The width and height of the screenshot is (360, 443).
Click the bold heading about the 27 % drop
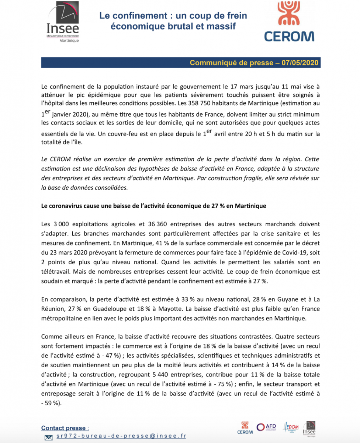point(153,206)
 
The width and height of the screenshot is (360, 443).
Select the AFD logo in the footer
point(267,427)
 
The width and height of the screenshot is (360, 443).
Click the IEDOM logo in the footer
point(290,427)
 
